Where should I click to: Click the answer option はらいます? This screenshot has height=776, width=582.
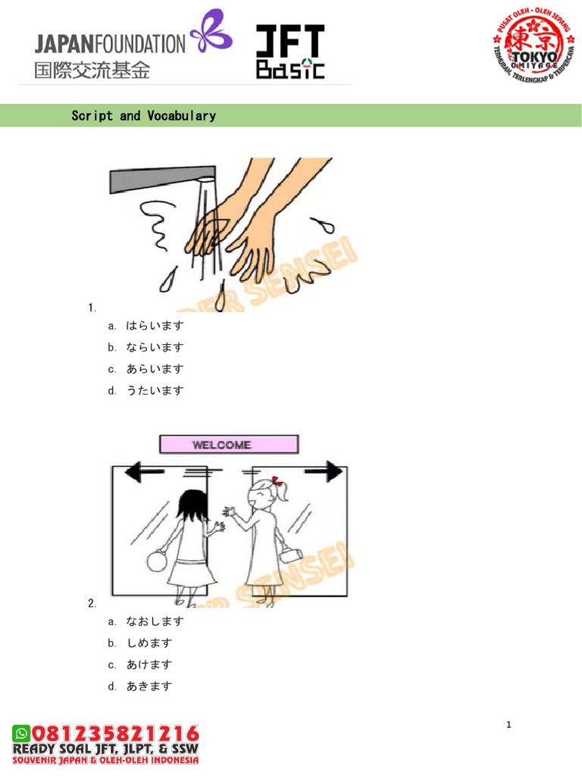point(155,326)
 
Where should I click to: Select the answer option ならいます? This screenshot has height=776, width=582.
point(155,348)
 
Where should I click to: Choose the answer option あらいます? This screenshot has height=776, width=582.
point(155,369)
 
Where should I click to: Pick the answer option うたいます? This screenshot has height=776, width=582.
point(155,391)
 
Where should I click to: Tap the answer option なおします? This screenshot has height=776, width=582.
point(155,621)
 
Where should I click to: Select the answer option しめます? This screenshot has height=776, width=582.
point(149,643)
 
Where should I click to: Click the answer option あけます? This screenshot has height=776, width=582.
point(149,665)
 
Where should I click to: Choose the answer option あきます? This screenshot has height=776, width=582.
point(149,687)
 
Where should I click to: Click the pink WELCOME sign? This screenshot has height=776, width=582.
point(228,445)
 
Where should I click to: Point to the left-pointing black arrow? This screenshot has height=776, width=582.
point(144,474)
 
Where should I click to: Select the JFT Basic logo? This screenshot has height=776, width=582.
point(289,52)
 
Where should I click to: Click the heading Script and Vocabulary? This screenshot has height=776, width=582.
point(143,116)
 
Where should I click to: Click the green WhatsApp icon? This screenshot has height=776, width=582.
point(20,733)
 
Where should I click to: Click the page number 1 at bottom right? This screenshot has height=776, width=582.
point(509,725)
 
